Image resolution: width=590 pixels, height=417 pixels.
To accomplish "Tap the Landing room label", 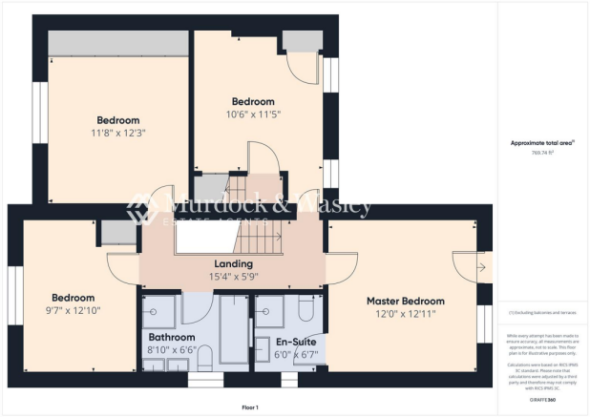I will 234,263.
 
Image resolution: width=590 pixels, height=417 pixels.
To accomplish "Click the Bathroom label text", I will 172,338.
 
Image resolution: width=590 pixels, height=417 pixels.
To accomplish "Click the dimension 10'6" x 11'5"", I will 254,115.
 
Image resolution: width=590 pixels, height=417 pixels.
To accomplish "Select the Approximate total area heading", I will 543,142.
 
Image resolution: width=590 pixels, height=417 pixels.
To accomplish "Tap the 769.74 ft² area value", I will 543,151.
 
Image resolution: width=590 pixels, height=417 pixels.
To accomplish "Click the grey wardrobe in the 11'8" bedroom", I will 116,43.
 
